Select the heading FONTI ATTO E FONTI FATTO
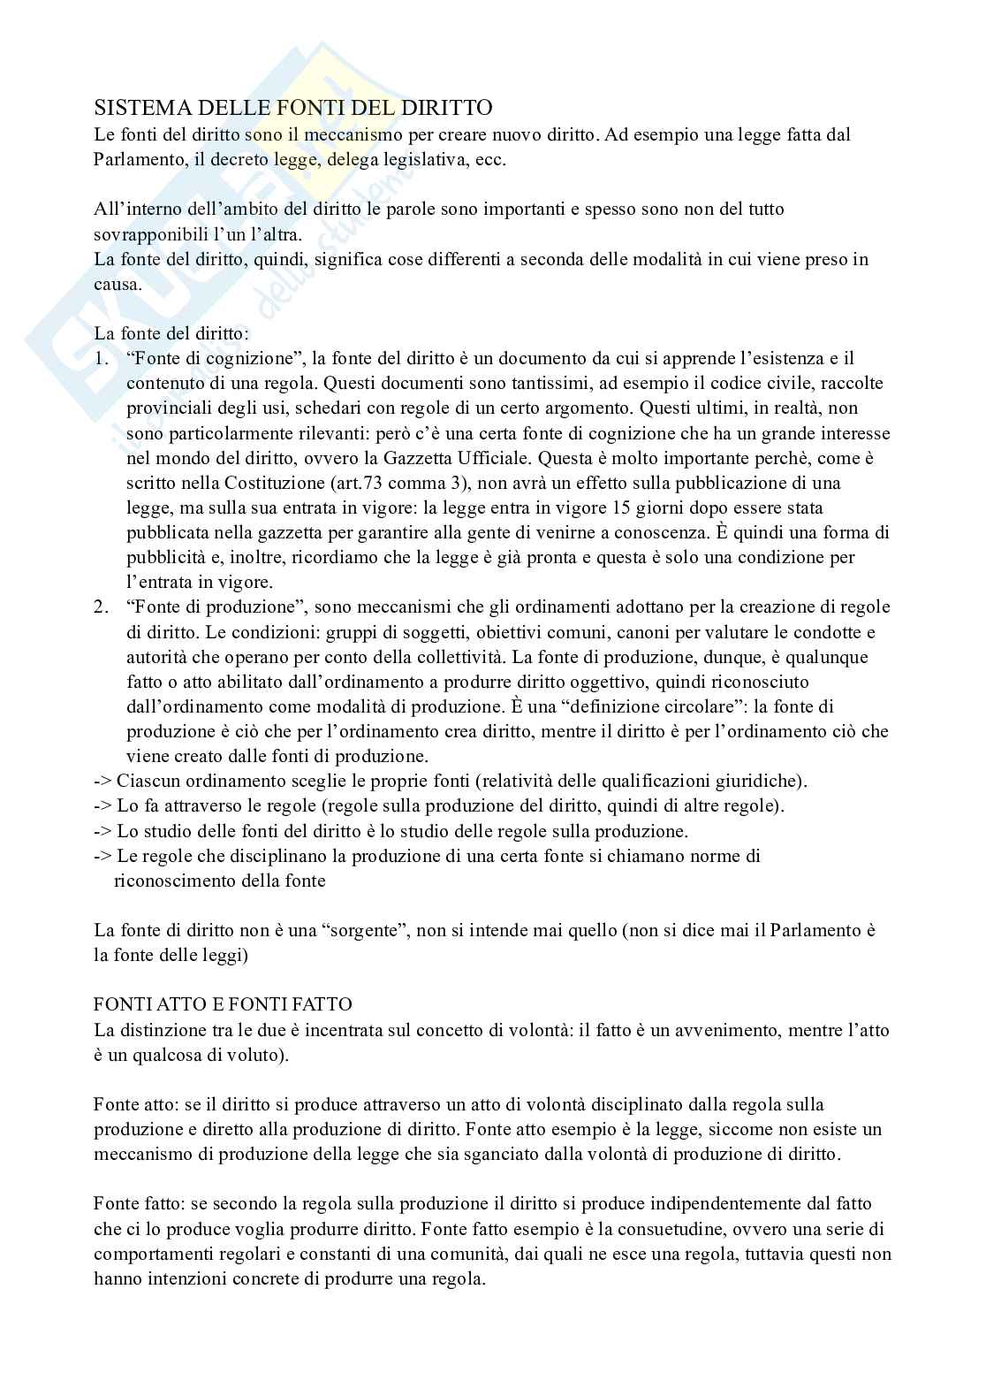(x=223, y=1004)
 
